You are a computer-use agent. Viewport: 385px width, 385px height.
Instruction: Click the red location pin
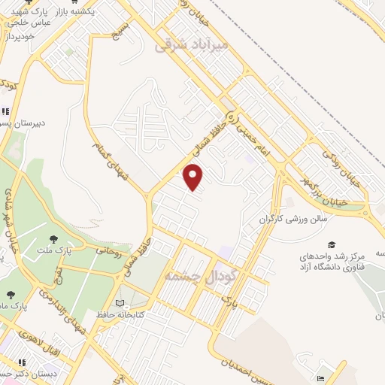194,177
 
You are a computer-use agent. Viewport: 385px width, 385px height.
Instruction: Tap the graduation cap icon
331,244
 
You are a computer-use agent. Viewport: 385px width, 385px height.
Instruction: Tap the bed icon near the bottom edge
322,378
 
